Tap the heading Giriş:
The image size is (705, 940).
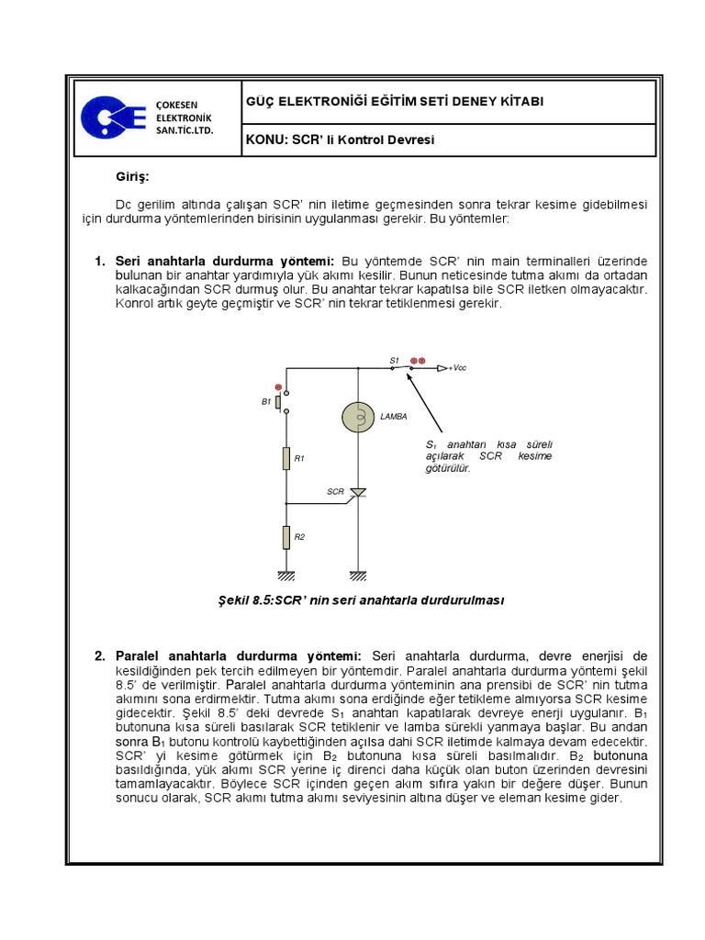click(131, 175)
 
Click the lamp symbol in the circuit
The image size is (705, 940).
click(357, 417)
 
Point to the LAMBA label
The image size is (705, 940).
click(394, 417)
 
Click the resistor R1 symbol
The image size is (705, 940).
click(286, 457)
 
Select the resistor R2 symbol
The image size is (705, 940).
click(286, 537)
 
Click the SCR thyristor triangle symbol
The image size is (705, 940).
click(358, 493)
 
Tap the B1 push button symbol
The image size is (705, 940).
click(285, 402)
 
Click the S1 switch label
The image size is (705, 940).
click(394, 361)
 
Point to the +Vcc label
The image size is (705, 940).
click(457, 368)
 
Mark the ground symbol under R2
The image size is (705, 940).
click(286, 576)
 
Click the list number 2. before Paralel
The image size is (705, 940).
click(100, 655)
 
